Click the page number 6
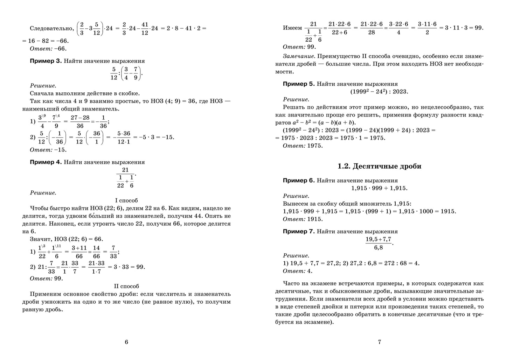(126, 342)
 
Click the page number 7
(379, 342)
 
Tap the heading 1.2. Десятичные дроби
(379, 166)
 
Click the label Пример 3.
(46, 61)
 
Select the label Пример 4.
(46, 162)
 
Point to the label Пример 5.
(299, 84)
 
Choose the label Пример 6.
(299, 181)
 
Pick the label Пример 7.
(299, 231)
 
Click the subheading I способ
(126, 200)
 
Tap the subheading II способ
(126, 286)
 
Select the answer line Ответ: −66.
(48, 49)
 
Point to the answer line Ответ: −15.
(48, 150)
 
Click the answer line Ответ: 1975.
(303, 146)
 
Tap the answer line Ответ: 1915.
(303, 219)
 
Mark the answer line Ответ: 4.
(297, 271)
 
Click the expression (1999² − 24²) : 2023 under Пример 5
(379, 91)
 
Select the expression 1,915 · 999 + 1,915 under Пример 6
(379, 188)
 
